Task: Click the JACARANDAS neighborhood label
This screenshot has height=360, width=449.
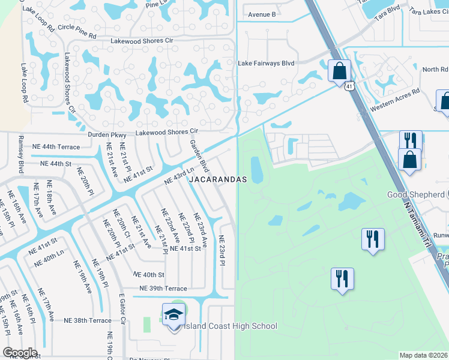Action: click(x=218, y=179)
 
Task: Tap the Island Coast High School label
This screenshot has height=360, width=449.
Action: click(x=231, y=326)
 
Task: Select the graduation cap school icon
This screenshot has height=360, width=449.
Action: click(x=173, y=314)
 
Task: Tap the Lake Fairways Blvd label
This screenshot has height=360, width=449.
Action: click(x=266, y=63)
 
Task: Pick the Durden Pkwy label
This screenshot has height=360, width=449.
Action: click(x=107, y=135)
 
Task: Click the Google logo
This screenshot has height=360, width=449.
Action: click(x=20, y=353)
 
